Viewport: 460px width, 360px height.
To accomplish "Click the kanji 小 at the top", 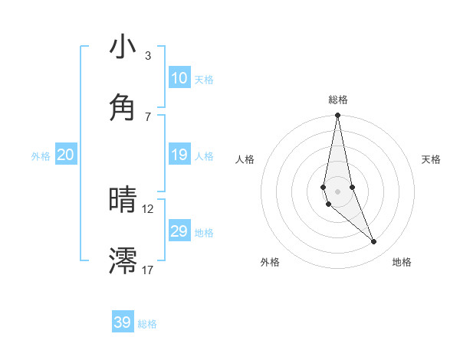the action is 123,47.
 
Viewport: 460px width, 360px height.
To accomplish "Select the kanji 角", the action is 123,106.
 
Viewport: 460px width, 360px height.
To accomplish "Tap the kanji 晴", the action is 123,201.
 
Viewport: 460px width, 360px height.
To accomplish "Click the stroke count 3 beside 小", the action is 147,56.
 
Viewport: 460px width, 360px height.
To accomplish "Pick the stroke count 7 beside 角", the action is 147,116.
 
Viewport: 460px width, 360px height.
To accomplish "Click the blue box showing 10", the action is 179,78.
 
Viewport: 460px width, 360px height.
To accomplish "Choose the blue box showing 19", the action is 179,155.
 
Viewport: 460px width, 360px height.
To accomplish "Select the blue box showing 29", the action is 179,231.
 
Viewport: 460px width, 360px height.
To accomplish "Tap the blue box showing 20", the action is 65,155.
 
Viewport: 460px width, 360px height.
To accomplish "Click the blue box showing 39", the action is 123,322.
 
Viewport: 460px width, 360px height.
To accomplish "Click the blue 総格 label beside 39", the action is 147,324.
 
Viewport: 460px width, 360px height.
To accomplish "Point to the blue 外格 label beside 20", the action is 41,156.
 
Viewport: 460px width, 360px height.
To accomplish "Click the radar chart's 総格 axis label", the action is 338,100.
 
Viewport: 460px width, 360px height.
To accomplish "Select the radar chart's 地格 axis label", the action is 402,262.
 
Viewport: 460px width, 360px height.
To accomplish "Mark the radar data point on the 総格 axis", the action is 337,116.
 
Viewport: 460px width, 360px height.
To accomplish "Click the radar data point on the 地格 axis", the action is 374,242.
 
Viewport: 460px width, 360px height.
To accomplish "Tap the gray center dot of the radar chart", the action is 337,191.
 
